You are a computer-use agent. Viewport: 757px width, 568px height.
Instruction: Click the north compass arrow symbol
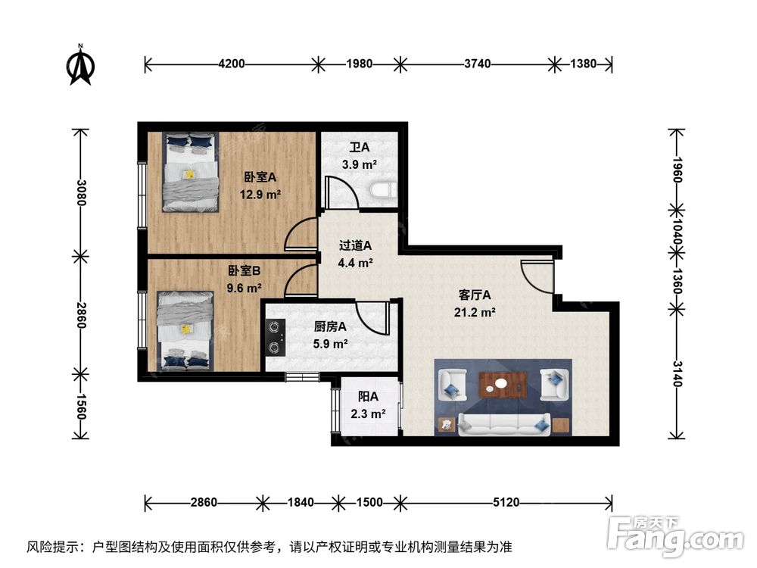click(81, 65)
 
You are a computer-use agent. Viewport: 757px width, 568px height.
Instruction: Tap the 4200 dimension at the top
click(232, 64)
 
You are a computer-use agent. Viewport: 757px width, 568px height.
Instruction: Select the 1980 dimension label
click(359, 64)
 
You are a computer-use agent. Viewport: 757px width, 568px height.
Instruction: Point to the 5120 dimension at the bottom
click(506, 503)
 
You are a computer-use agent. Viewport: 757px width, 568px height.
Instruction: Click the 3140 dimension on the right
click(676, 374)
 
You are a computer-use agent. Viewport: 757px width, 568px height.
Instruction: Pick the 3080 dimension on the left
click(80, 192)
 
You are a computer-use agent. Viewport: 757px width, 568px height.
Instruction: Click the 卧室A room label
click(260, 177)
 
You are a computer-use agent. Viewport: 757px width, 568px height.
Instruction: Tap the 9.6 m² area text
click(244, 289)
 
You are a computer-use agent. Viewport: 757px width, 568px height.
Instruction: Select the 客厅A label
click(474, 295)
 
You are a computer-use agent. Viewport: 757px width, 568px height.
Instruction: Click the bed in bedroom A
click(190, 172)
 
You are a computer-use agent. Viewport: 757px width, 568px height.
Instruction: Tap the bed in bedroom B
click(185, 331)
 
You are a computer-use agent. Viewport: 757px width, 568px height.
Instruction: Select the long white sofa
click(504, 425)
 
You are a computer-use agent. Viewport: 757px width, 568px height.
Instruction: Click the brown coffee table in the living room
click(502, 385)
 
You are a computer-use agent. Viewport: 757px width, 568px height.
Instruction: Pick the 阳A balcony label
click(368, 397)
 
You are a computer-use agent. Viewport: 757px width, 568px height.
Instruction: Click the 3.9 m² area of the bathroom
click(359, 164)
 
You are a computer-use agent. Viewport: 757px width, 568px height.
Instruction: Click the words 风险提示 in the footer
click(52, 547)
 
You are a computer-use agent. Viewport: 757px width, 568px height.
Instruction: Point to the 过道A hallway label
click(355, 245)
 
